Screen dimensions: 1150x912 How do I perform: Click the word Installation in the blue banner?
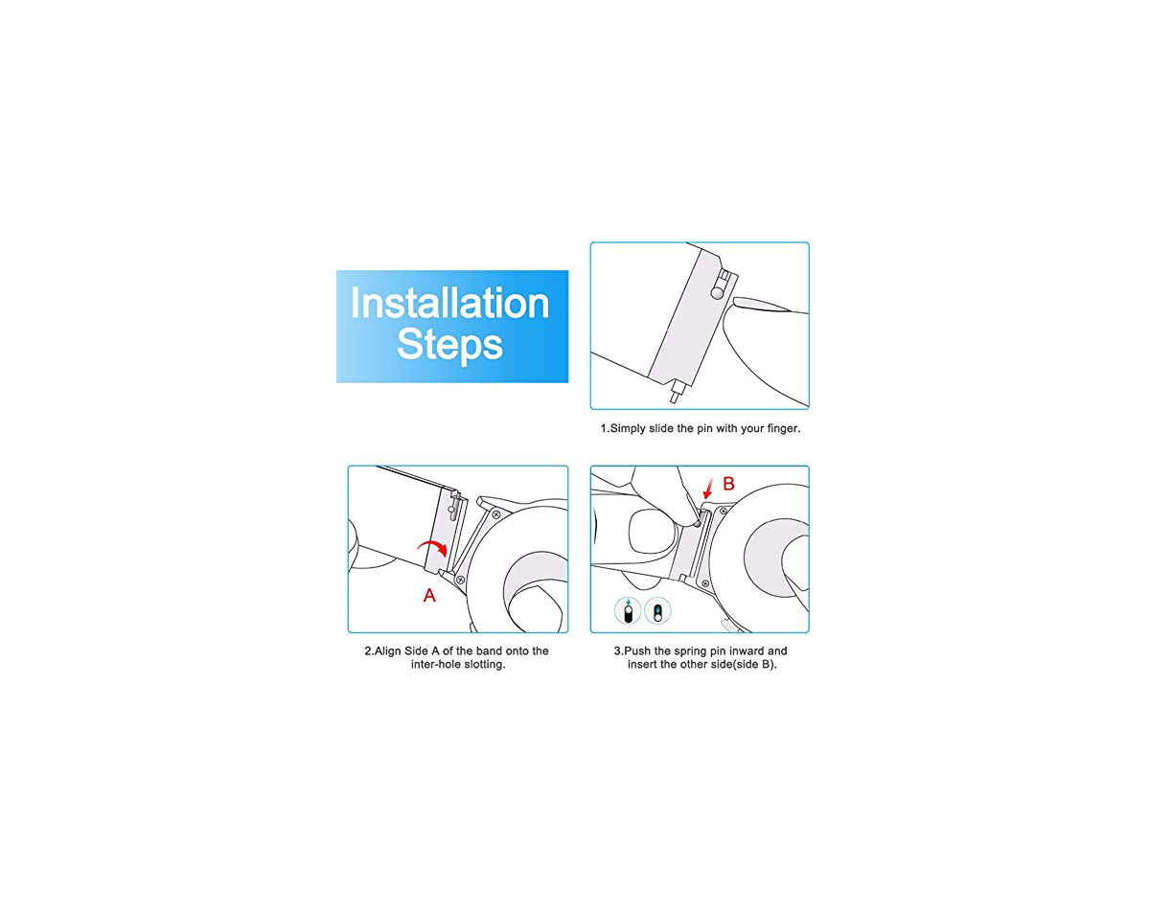[449, 303]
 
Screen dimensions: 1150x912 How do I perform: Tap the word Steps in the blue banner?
[449, 345]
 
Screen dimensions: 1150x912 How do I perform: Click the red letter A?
[429, 595]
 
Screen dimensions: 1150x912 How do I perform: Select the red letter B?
[728, 484]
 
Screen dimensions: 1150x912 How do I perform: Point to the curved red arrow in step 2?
[433, 547]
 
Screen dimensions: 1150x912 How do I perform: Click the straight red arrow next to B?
[708, 489]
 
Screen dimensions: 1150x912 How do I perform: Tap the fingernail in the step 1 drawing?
[762, 305]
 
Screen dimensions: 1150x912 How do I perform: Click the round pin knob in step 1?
[717, 292]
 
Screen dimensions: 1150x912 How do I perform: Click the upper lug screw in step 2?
[495, 514]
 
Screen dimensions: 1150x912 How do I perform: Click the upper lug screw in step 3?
[724, 511]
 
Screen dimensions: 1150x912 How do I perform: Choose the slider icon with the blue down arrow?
[628, 610]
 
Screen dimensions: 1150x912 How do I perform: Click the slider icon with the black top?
[657, 610]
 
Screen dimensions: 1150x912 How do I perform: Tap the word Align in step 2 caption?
[387, 651]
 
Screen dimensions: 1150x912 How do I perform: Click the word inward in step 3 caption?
[747, 650]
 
